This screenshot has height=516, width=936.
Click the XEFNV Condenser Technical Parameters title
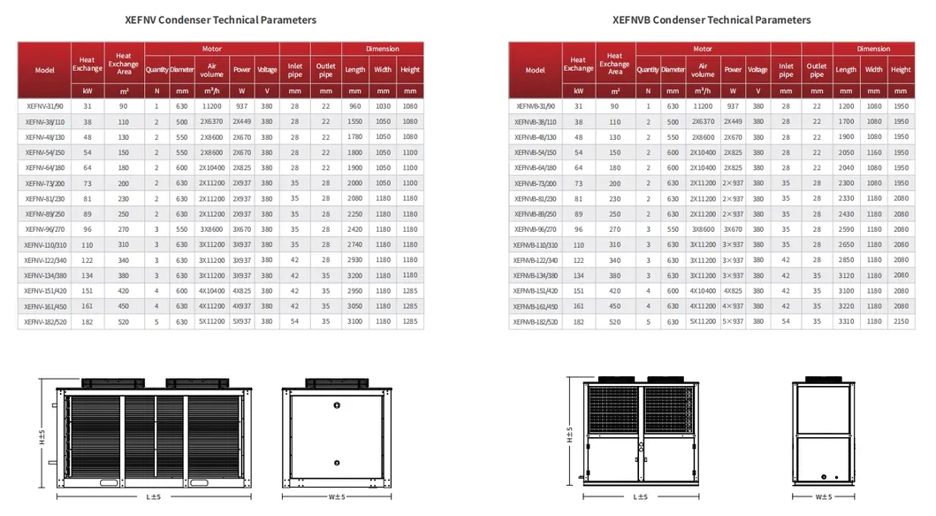(x=221, y=19)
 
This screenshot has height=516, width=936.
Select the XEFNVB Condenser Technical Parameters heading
(x=711, y=19)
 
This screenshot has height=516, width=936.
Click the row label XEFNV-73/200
(x=42, y=183)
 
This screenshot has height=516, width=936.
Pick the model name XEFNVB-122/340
(x=536, y=260)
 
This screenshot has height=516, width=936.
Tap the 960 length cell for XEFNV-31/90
(x=354, y=106)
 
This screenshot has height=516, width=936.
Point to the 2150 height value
(x=901, y=322)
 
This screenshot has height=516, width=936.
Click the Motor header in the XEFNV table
(x=212, y=50)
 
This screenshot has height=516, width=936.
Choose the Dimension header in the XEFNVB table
(x=872, y=50)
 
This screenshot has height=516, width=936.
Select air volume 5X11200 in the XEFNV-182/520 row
(x=211, y=322)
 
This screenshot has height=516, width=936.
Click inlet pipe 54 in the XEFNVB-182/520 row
(x=786, y=322)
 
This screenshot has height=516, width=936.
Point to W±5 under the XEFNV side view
(x=336, y=497)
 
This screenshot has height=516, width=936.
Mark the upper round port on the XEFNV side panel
(x=337, y=405)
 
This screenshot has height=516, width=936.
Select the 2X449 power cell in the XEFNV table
(x=242, y=121)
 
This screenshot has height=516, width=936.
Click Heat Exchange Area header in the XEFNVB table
(x=614, y=64)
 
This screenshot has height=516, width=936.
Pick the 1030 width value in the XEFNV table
(x=383, y=106)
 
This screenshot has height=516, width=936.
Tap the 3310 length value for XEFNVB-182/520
(x=845, y=322)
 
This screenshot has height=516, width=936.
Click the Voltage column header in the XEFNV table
(x=268, y=69)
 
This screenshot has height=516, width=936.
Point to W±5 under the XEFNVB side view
(x=824, y=497)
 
